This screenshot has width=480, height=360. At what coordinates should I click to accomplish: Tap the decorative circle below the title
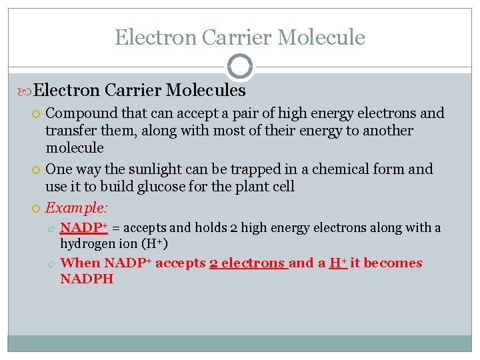tap(240, 67)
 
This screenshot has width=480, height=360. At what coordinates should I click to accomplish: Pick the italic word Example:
tap(75, 208)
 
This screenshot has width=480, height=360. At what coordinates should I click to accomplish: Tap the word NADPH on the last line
tap(87, 279)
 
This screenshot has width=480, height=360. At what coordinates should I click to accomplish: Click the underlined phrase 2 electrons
tap(248, 263)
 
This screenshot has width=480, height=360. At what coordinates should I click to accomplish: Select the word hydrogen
tap(85, 244)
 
